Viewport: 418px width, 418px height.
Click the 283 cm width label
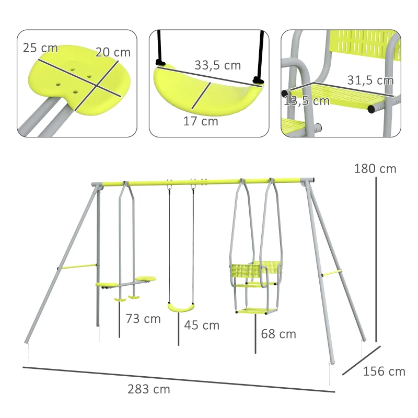coord(148,389)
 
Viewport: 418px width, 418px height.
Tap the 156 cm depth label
coord(384,371)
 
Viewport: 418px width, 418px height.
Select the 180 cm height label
coord(375,169)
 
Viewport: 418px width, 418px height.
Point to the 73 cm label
coord(143,318)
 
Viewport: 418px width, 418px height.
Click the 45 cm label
coord(201,325)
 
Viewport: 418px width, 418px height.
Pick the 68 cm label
coord(278,333)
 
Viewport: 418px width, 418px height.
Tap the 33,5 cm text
coord(217,65)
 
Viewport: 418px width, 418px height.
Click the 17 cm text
coord(201,121)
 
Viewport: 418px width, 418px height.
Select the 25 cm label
coord(40,48)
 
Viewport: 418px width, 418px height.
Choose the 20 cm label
coord(113,52)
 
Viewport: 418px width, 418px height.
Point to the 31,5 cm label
coord(370,80)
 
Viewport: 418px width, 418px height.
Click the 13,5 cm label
coord(307,100)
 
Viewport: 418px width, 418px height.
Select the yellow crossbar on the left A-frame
coord(78,267)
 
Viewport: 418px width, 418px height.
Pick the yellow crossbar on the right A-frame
coord(332,273)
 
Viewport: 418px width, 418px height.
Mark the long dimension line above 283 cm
coord(178,379)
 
